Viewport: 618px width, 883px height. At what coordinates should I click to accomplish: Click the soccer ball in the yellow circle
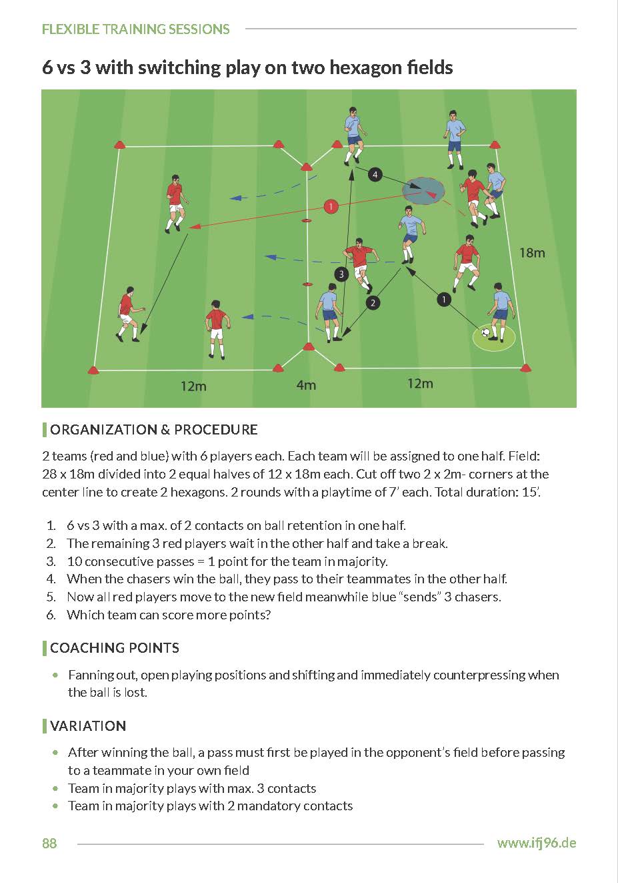click(486, 332)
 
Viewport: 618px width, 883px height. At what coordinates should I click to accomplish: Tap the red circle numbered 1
click(331, 207)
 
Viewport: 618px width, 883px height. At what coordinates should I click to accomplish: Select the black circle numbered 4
click(375, 175)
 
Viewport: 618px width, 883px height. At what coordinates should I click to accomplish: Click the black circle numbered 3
click(341, 274)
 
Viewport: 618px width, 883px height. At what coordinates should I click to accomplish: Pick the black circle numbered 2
click(373, 303)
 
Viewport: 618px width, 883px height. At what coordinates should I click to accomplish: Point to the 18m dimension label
click(532, 253)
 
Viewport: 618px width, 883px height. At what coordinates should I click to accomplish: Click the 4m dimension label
click(306, 385)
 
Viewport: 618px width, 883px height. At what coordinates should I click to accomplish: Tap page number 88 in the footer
click(49, 844)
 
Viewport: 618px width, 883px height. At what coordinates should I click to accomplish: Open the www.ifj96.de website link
click(536, 843)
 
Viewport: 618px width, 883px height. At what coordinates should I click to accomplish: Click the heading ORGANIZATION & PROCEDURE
click(153, 430)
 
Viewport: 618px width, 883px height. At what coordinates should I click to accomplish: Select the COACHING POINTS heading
click(114, 648)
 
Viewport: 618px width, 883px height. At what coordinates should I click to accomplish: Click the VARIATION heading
click(87, 726)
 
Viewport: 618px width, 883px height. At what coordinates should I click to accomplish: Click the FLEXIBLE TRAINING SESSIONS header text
click(135, 29)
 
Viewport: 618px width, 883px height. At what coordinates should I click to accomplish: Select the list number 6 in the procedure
click(51, 615)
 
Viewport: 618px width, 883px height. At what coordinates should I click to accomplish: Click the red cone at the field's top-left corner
click(120, 145)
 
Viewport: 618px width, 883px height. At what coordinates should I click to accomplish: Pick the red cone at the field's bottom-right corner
click(525, 366)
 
